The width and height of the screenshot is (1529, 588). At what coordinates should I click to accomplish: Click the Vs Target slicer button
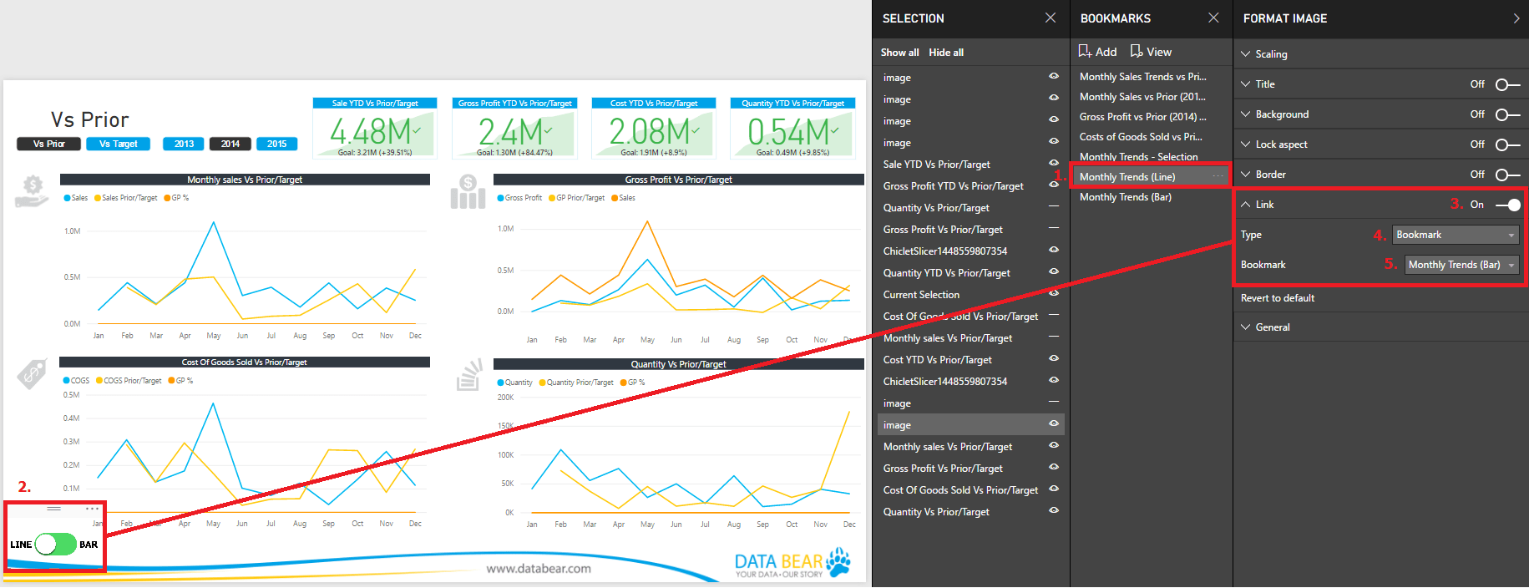tap(119, 144)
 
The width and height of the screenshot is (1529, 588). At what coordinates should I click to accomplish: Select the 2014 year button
tap(230, 144)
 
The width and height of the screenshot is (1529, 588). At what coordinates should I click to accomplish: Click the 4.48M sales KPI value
tap(370, 132)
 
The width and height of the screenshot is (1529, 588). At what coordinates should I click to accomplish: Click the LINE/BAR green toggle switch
tap(55, 545)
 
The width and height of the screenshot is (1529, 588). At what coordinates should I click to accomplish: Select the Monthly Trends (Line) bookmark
tap(1127, 177)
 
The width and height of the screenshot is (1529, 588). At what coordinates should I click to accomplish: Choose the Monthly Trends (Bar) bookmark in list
tap(1125, 197)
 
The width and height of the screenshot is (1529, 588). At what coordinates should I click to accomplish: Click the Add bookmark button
tap(1097, 52)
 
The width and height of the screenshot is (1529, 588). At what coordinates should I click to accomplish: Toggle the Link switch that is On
tap(1508, 205)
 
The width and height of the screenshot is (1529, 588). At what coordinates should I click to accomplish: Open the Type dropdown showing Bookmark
tap(1456, 235)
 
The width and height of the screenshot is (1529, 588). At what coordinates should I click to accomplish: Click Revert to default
tap(1277, 298)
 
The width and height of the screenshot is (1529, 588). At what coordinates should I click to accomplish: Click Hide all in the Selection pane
tap(946, 53)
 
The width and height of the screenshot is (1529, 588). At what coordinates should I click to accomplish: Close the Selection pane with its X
tap(1051, 18)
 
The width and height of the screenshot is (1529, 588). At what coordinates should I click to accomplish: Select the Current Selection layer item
tap(921, 295)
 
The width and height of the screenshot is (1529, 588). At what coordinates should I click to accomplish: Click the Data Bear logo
tap(792, 564)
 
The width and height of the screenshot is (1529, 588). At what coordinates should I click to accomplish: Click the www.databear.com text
tap(539, 569)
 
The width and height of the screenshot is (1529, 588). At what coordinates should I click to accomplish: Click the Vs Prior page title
tap(89, 119)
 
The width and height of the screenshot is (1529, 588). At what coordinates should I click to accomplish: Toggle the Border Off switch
tap(1507, 175)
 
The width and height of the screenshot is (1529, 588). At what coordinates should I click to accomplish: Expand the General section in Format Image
tap(1272, 327)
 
